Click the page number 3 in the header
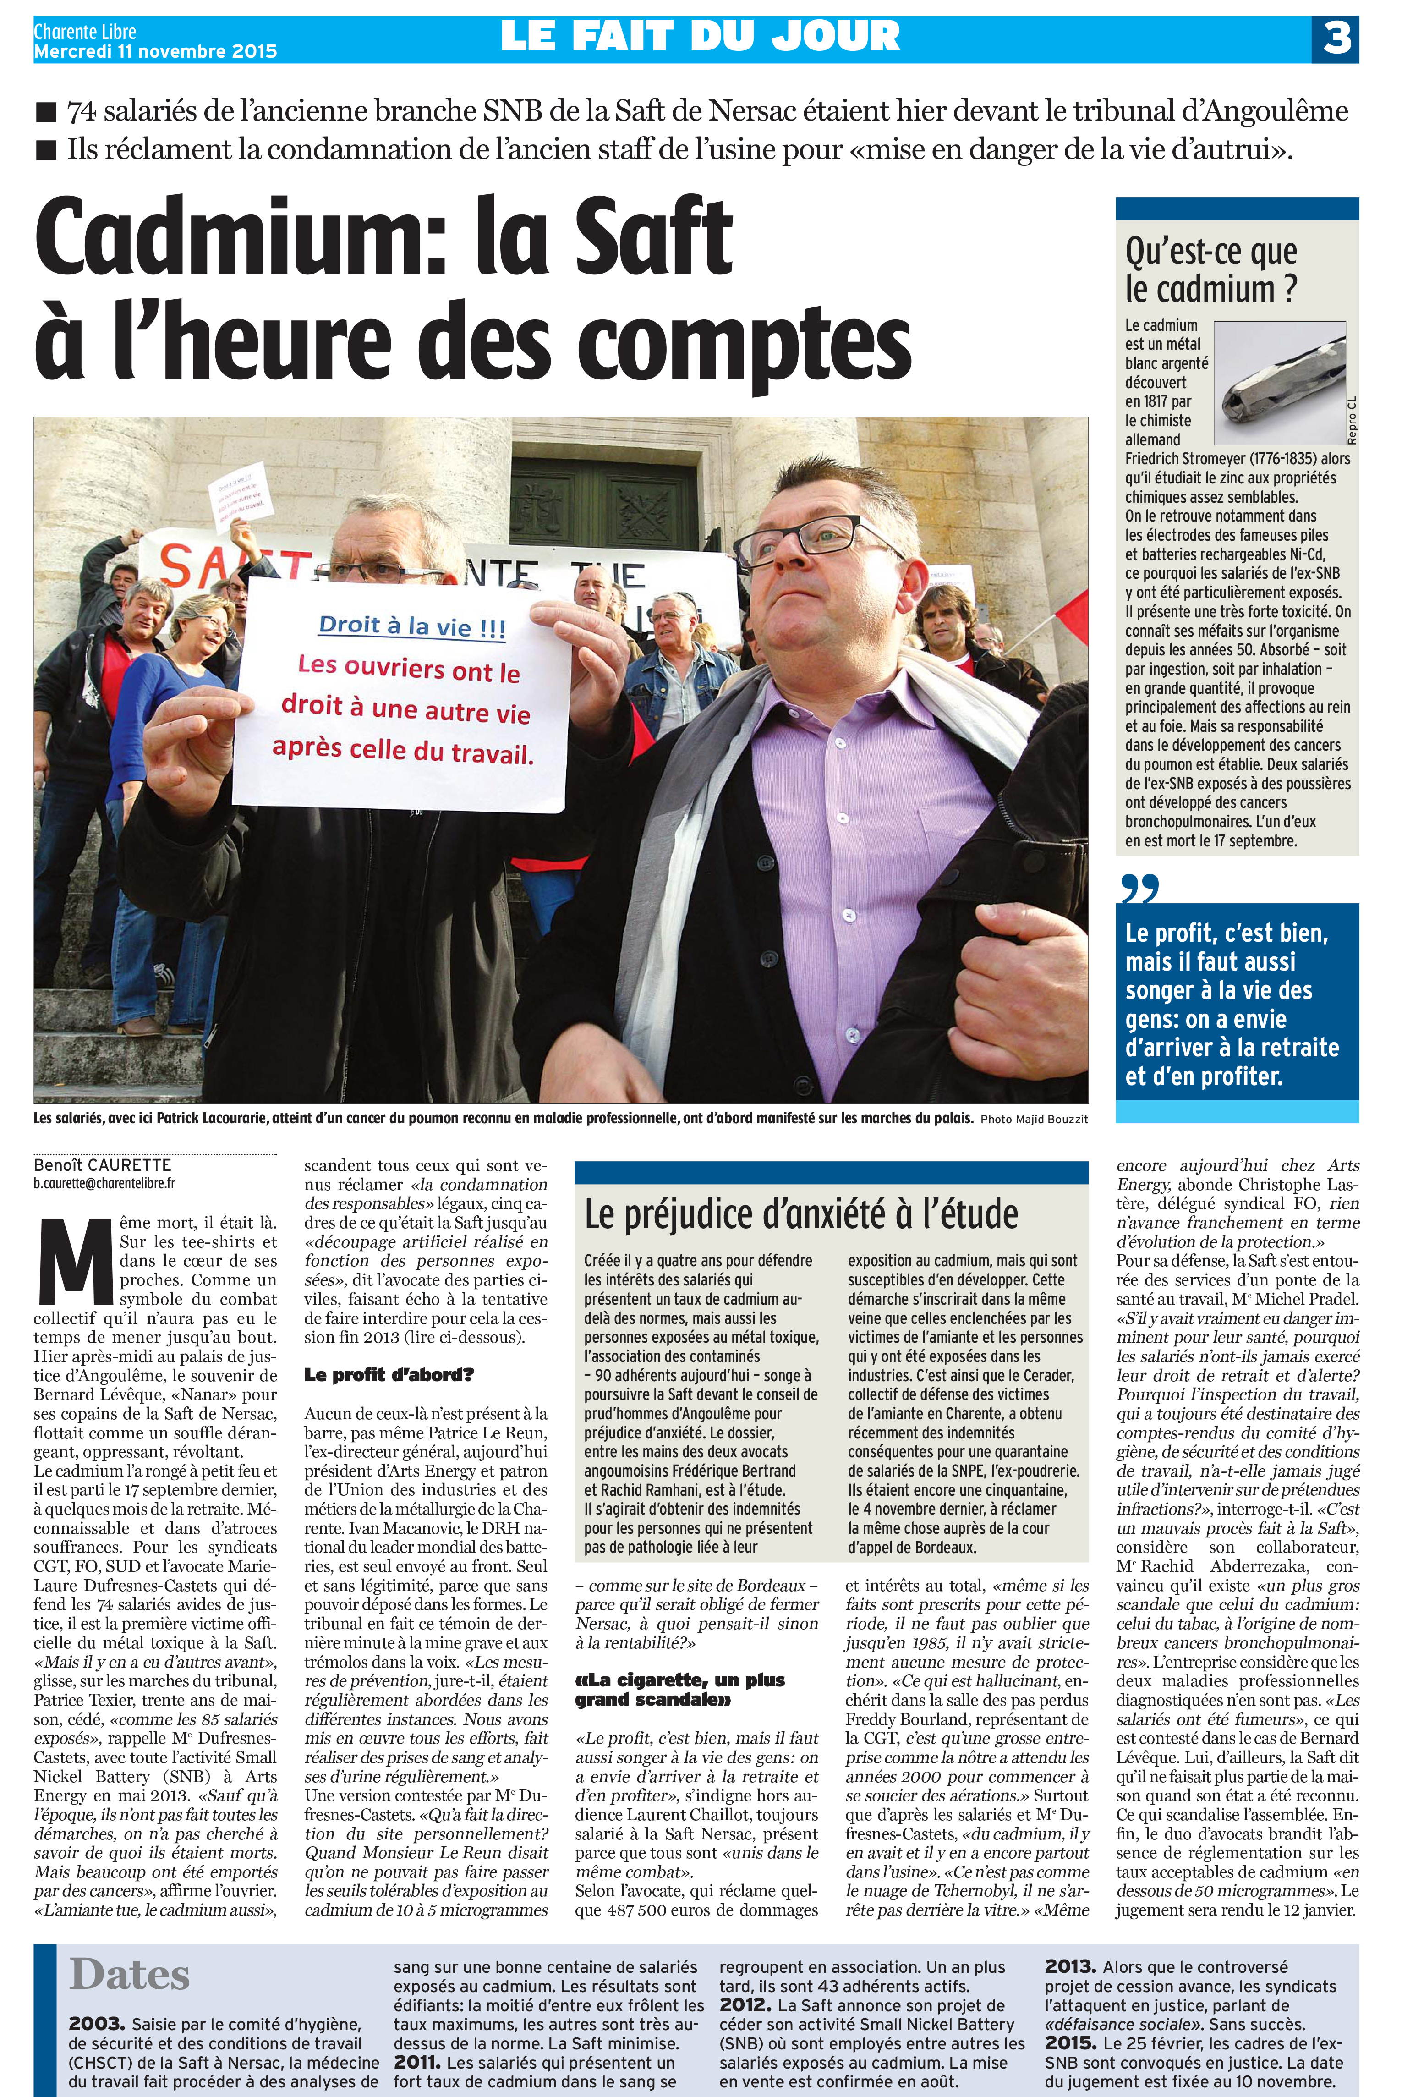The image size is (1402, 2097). coord(1336,38)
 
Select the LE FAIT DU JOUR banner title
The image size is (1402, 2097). coord(700,37)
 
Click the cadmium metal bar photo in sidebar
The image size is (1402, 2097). coord(1279,383)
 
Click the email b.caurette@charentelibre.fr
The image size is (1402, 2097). coord(104,1183)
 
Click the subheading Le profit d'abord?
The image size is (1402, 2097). coord(388,1374)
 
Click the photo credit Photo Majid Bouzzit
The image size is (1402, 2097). coord(1034,1119)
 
